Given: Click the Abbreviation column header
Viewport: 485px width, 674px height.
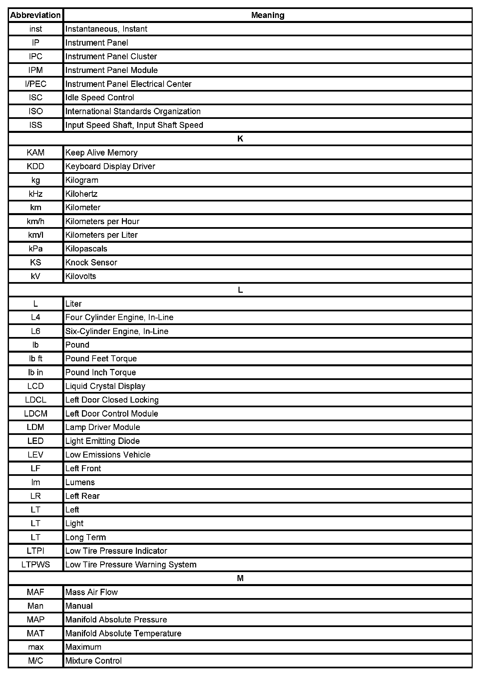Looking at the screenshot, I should point(35,15).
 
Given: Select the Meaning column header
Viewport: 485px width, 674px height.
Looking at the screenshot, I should point(267,15).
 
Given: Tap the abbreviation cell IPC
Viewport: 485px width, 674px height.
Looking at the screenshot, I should point(36,57).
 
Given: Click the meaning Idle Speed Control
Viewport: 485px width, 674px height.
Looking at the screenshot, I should point(100,98).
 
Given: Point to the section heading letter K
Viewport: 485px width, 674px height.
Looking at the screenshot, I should point(240,139).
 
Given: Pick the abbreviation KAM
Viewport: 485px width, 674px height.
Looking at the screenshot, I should point(36,153).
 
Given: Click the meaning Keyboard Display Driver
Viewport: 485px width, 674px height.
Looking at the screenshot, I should point(110,166).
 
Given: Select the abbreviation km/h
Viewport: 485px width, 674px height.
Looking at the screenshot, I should point(36,221).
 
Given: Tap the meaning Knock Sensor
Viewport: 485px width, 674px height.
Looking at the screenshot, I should point(91,262).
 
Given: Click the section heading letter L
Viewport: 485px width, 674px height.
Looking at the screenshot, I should point(240,290).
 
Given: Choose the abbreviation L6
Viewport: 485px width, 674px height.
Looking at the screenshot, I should point(36,331).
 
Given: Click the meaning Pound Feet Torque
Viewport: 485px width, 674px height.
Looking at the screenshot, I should point(101,359).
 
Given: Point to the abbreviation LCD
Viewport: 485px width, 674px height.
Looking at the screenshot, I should point(36,386).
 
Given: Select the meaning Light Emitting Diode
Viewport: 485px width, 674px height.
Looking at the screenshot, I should point(103,441).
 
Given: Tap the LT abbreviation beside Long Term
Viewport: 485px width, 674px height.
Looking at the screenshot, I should point(36,537).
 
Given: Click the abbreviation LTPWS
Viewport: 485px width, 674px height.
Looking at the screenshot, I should point(36,565).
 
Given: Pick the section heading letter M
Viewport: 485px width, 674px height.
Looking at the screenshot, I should point(240,578).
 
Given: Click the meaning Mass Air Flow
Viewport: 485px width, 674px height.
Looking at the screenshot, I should point(92,592).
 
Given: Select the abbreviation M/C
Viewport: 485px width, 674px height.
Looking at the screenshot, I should point(36,661).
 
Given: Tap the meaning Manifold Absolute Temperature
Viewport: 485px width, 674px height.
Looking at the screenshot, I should point(123,633).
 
